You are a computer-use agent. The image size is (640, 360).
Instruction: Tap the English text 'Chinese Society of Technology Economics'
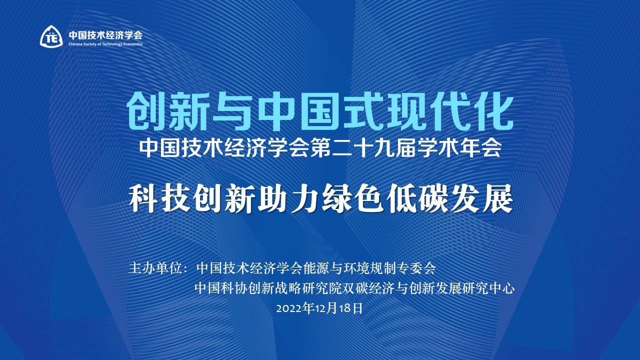point(105,44)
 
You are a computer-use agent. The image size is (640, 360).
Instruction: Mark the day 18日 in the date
point(350,308)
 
